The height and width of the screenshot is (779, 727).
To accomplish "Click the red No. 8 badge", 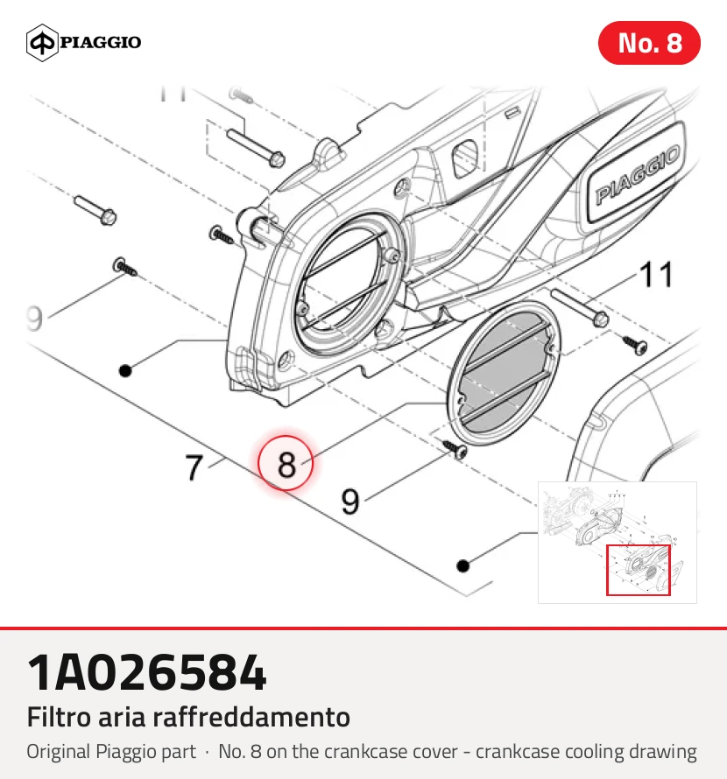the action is [x=649, y=43].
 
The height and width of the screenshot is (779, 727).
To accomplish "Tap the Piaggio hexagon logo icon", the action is [x=42, y=42].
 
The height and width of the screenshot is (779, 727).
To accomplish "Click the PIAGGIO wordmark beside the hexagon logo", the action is [x=101, y=42].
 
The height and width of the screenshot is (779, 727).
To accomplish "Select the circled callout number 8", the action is [x=286, y=463].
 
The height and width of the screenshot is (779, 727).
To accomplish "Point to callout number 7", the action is [x=194, y=467].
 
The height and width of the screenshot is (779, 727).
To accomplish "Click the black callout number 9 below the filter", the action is [x=350, y=502].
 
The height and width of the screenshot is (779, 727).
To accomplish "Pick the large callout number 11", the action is [x=656, y=274].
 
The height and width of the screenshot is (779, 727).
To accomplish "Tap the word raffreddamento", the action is [x=251, y=717].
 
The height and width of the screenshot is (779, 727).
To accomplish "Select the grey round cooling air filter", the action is [x=504, y=373].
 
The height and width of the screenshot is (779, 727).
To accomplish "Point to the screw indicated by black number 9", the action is [x=455, y=448].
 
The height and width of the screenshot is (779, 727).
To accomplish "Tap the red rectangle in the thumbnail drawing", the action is [x=638, y=570].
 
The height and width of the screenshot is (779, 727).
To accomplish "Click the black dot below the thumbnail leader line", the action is [x=463, y=565].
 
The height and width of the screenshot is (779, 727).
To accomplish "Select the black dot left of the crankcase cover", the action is [x=125, y=370].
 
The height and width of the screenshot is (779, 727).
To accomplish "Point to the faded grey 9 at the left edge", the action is [x=35, y=319].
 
